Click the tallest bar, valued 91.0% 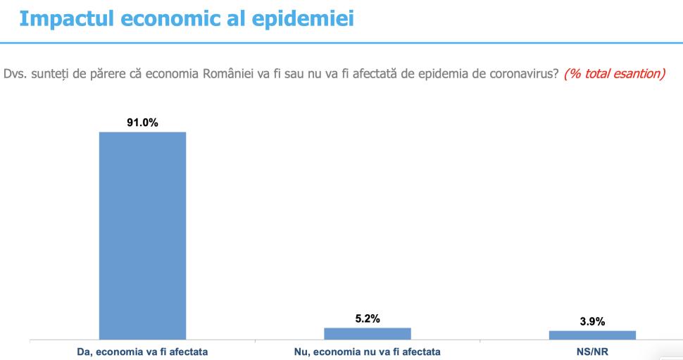pos(142,235)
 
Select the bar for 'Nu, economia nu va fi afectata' pos(367,333)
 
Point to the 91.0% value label pos(142,123)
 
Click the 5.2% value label pos(367,319)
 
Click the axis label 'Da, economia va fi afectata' pos(142,351)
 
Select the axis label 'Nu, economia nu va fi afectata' pos(367,351)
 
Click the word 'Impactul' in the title pos(64,19)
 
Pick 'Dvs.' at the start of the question pos(14,74)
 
